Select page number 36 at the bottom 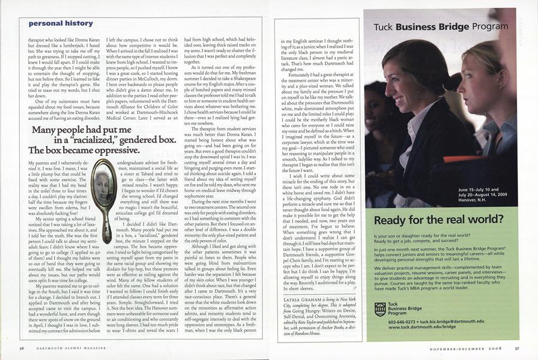click(x=22, y=348)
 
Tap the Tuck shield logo click(x=379, y=309)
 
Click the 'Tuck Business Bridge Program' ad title click(x=432, y=26)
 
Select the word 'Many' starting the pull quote click(x=43, y=129)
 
